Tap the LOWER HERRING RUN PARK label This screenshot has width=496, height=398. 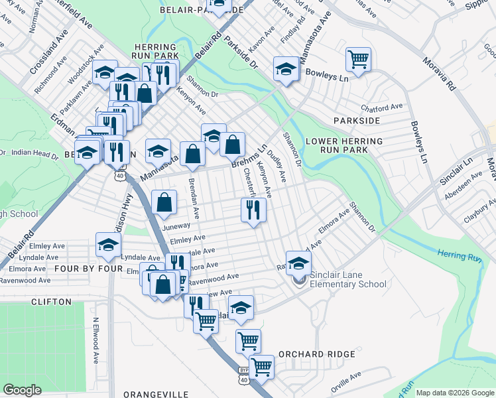click(344, 146)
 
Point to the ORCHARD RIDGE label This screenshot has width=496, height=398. click(317, 354)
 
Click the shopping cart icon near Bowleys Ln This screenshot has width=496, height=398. click(358, 58)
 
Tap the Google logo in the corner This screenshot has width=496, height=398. click(23, 390)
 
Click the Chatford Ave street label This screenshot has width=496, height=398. click(382, 106)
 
